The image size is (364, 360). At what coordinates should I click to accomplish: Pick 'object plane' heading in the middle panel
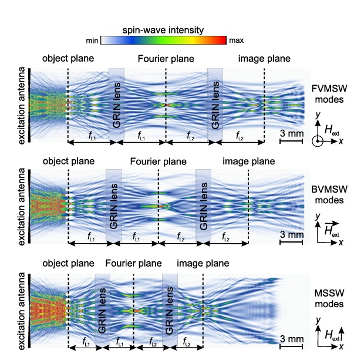point(68,161)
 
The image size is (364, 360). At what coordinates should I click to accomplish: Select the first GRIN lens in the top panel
point(116,105)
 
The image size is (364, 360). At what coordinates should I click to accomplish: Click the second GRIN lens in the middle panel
point(203,206)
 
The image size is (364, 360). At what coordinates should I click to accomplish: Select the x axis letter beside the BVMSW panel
point(341,243)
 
